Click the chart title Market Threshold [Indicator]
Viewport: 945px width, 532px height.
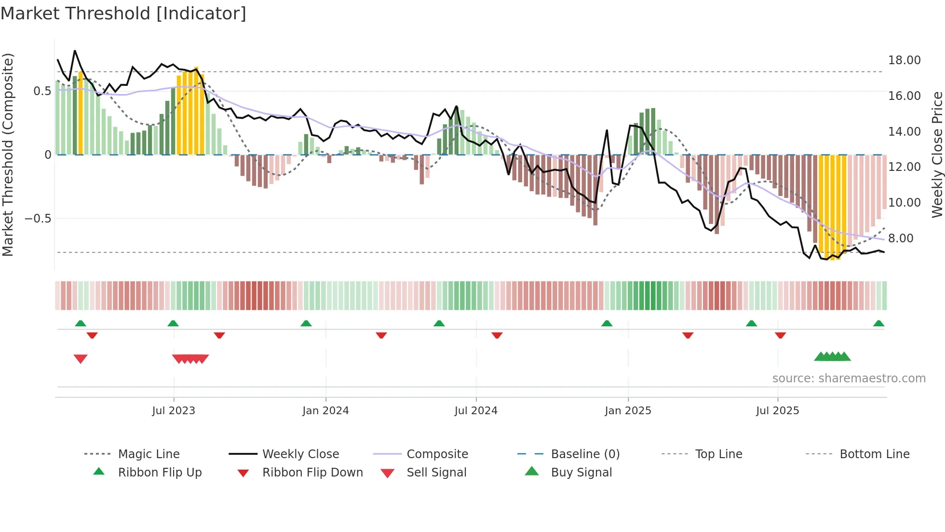click(123, 14)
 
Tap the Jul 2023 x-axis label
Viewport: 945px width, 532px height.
click(174, 411)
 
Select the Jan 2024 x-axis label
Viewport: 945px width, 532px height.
click(325, 411)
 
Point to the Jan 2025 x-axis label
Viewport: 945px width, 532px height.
click(628, 411)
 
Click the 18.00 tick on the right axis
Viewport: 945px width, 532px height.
click(904, 60)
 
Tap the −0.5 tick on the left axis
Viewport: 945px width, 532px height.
click(38, 219)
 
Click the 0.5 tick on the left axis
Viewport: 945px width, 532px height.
click(42, 91)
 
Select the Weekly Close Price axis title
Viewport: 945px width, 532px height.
click(937, 154)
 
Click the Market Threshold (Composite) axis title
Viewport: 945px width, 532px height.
click(8, 154)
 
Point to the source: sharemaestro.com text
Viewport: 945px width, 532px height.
click(849, 378)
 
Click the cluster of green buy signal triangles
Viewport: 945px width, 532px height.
click(832, 357)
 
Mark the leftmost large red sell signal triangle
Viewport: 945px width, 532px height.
click(81, 359)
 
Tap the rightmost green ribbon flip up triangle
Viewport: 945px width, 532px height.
click(878, 323)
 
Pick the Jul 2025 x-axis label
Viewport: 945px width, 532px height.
click(777, 411)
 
